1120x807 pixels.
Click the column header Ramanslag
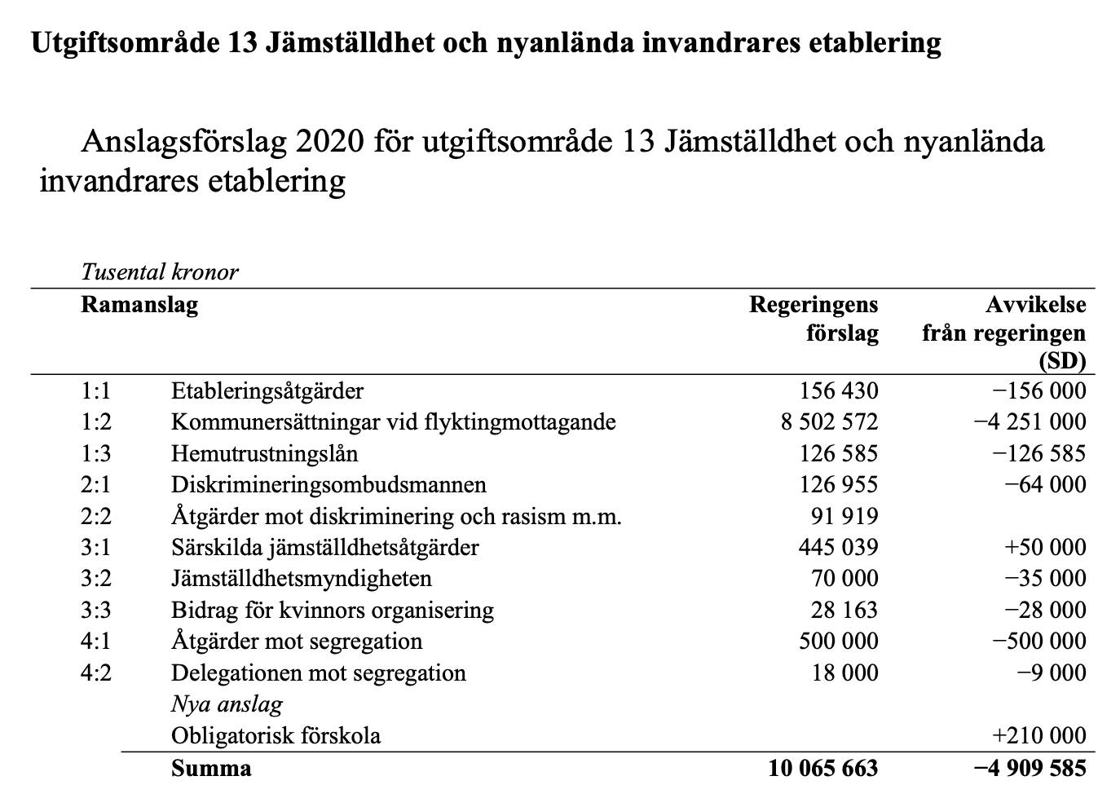click(139, 305)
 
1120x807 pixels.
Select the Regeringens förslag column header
click(814, 319)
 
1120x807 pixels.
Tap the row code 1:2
click(95, 421)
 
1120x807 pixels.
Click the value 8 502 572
click(829, 421)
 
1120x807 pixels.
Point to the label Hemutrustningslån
click(264, 453)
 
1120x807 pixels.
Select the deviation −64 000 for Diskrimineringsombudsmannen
click(1046, 484)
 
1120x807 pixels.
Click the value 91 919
click(844, 516)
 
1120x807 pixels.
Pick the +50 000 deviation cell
click(1046, 547)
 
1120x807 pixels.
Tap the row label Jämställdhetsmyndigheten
click(301, 579)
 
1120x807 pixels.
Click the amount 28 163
click(844, 610)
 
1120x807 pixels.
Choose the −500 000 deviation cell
click(1039, 642)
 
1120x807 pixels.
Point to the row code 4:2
click(95, 672)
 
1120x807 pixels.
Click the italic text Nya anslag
click(227, 704)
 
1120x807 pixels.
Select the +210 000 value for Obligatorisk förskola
click(1039, 735)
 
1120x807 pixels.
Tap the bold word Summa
click(211, 768)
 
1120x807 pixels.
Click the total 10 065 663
click(822, 768)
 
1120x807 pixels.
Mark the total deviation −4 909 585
click(1030, 768)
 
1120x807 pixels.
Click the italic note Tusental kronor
click(160, 271)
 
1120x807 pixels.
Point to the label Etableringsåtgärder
click(267, 390)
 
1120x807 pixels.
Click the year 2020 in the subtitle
click(329, 142)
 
